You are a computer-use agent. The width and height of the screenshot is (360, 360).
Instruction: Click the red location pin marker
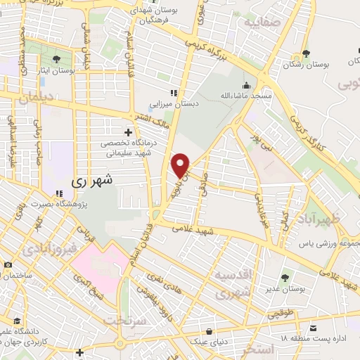click(x=181, y=165)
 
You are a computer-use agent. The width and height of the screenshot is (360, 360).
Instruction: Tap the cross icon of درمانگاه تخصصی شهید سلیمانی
click(x=127, y=131)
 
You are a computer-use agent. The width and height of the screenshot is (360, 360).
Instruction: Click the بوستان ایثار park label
click(x=57, y=71)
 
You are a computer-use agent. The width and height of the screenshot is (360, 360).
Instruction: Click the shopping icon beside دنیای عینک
click(x=208, y=330)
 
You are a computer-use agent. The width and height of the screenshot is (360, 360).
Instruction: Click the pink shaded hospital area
click(x=98, y=267)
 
